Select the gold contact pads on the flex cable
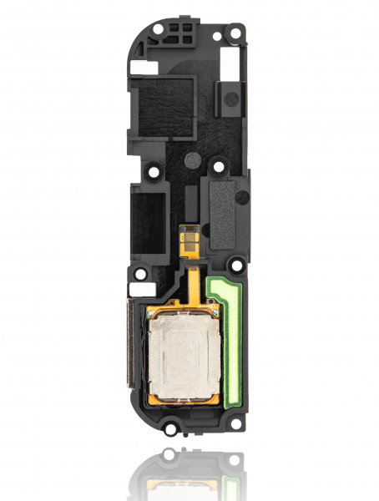click(190, 237)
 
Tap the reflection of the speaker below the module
click(188, 476)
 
